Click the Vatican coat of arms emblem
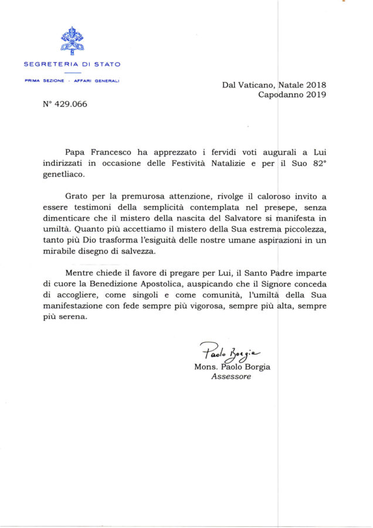pos(72,41)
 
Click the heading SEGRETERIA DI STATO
pos(72,65)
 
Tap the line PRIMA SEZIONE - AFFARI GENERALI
pos(72,81)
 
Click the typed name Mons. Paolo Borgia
pos(232,367)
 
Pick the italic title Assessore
pos(230,377)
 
